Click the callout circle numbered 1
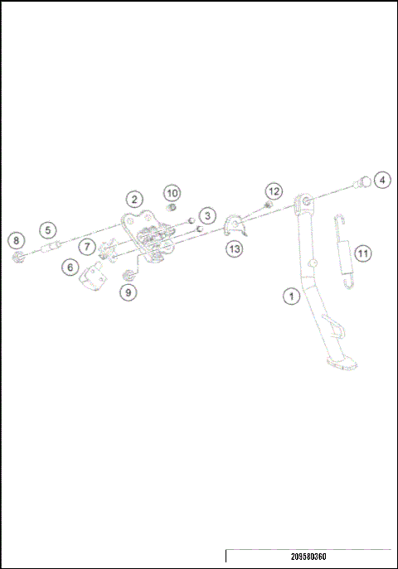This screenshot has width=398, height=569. click(290, 295)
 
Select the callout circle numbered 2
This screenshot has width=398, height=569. click(134, 199)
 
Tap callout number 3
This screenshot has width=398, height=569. click(208, 215)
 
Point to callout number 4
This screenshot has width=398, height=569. click(381, 180)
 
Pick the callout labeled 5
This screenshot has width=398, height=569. click(47, 229)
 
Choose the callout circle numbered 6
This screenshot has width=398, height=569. click(70, 268)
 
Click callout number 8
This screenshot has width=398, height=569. click(15, 241)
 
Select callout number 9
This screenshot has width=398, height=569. click(127, 292)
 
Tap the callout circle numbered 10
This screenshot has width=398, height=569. click(172, 193)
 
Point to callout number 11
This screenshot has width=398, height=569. click(362, 251)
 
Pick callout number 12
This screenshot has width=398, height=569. click(274, 190)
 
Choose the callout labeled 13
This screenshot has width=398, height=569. click(235, 247)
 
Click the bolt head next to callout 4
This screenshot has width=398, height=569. click(362, 182)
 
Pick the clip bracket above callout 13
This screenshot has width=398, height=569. click(235, 226)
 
